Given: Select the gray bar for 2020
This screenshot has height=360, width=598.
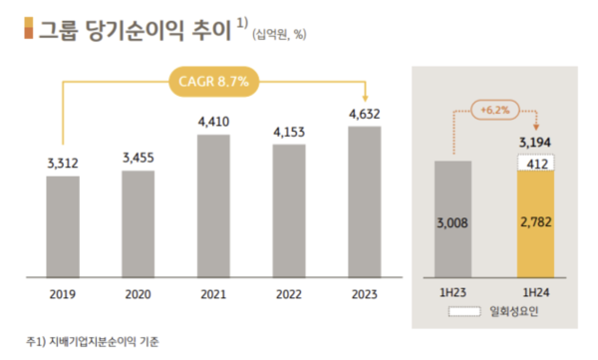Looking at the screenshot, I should pos(138,224).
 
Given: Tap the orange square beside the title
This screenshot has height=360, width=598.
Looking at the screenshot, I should pos(26,30).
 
